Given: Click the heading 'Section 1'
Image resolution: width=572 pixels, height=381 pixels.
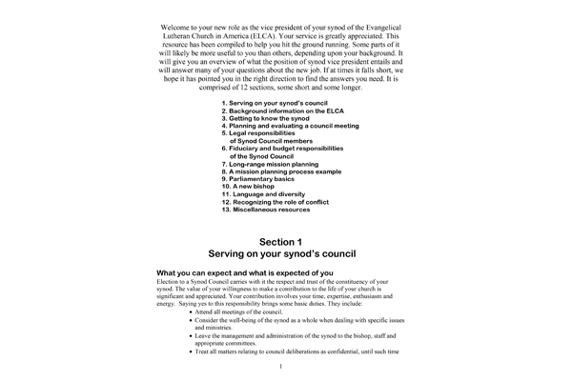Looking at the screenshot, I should tap(286, 242).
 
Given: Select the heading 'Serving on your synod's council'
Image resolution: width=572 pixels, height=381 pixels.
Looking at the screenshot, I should tap(286, 256).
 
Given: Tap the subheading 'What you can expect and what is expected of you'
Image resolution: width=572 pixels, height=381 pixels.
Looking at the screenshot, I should tap(245, 274).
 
